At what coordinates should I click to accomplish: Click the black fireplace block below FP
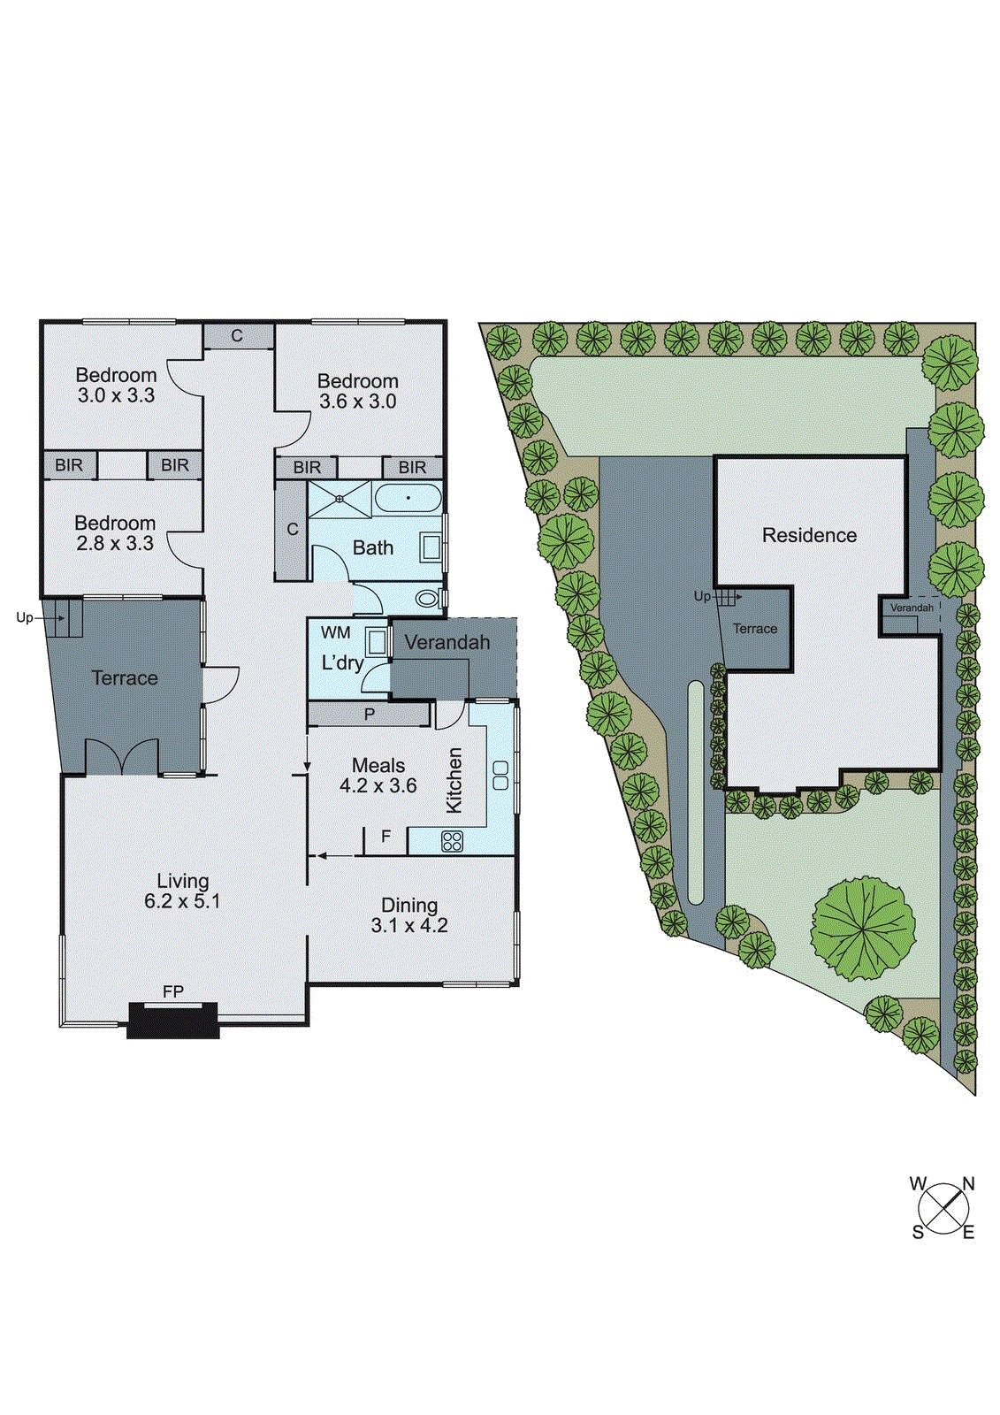click(x=173, y=1020)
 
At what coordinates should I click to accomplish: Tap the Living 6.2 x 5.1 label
click(x=182, y=891)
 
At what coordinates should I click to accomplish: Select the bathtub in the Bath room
click(x=408, y=499)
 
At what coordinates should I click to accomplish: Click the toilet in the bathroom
click(x=428, y=599)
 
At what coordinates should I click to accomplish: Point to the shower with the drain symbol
click(x=340, y=499)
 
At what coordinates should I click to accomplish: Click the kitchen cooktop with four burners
click(x=452, y=841)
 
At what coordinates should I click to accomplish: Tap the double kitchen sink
click(x=500, y=775)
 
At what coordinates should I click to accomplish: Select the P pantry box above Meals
click(x=369, y=714)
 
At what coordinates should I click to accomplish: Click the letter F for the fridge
click(x=385, y=836)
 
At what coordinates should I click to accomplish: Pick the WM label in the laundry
click(x=336, y=632)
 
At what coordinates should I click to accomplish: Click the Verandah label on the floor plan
click(x=447, y=642)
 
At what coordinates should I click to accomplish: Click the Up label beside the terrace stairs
click(x=24, y=617)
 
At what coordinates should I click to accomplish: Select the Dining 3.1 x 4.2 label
click(x=409, y=915)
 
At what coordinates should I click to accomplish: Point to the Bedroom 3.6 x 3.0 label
click(x=358, y=390)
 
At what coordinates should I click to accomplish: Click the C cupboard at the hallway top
click(x=237, y=336)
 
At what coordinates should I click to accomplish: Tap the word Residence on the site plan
click(x=809, y=535)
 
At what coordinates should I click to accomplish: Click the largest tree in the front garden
click(x=862, y=928)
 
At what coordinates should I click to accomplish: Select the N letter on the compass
click(x=968, y=1183)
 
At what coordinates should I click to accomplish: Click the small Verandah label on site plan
click(x=911, y=608)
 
